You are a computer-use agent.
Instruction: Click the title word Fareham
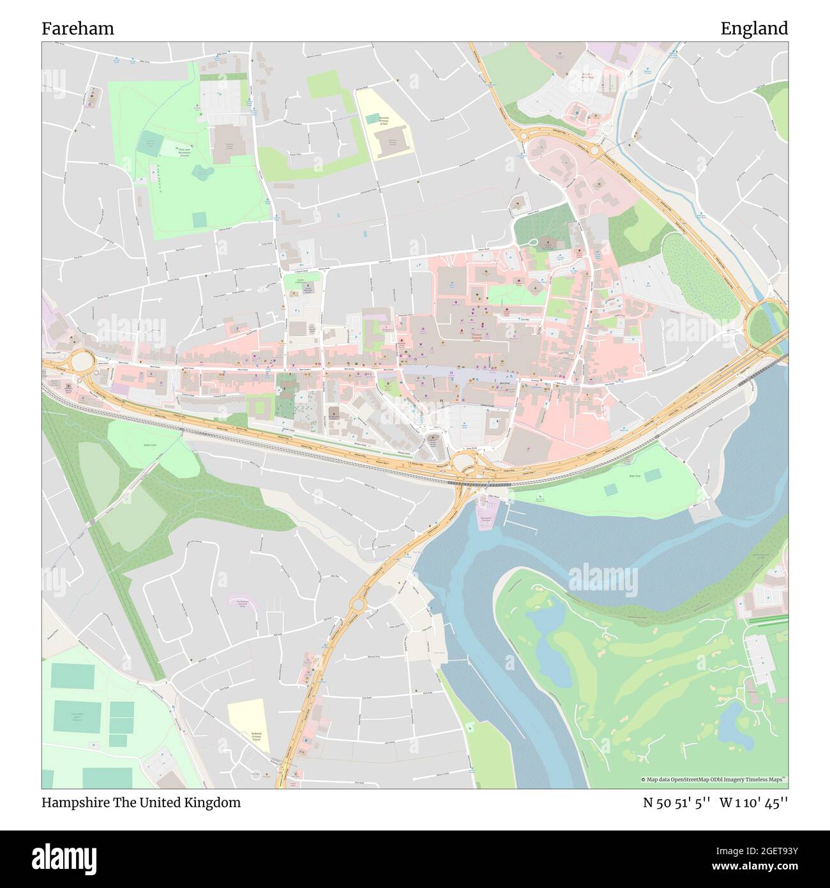[78, 29]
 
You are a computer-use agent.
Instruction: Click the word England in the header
[754, 29]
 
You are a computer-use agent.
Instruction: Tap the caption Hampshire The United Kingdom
[141, 802]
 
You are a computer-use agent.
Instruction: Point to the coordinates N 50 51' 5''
[677, 802]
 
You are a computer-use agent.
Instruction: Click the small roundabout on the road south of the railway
[358, 604]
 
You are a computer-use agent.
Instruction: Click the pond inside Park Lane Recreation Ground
[202, 171]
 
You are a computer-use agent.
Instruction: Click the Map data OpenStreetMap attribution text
[713, 779]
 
